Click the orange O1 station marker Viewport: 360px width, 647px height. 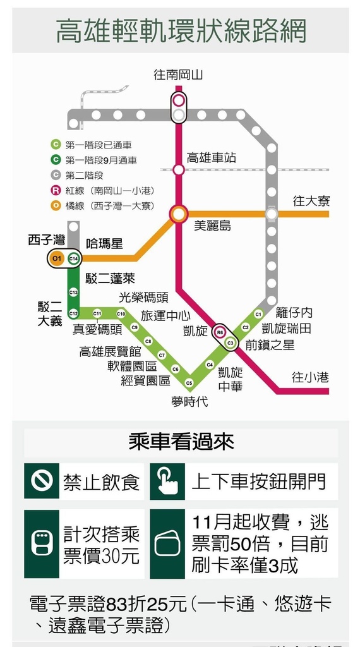click(x=57, y=258)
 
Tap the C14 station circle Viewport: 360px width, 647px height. click(x=73, y=258)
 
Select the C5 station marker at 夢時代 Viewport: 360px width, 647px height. click(x=189, y=384)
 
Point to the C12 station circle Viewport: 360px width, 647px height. click(x=73, y=313)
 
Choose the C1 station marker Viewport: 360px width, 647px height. click(x=258, y=314)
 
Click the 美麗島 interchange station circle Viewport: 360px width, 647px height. click(x=179, y=214)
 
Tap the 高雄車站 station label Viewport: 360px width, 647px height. click(x=212, y=157)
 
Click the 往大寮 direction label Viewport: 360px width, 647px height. click(x=311, y=202)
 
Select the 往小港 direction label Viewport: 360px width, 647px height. click(x=311, y=377)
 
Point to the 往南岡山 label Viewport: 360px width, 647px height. click(x=178, y=75)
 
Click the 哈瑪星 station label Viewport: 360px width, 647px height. click(x=104, y=243)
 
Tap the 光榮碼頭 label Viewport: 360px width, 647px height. click(x=143, y=298)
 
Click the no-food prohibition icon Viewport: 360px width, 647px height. click(x=42, y=481)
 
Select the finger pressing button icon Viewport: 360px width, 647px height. click(x=167, y=481)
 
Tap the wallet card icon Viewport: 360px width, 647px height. click(x=167, y=544)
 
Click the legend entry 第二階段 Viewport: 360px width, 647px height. click(x=85, y=176)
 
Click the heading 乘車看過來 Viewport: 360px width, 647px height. click(x=181, y=442)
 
